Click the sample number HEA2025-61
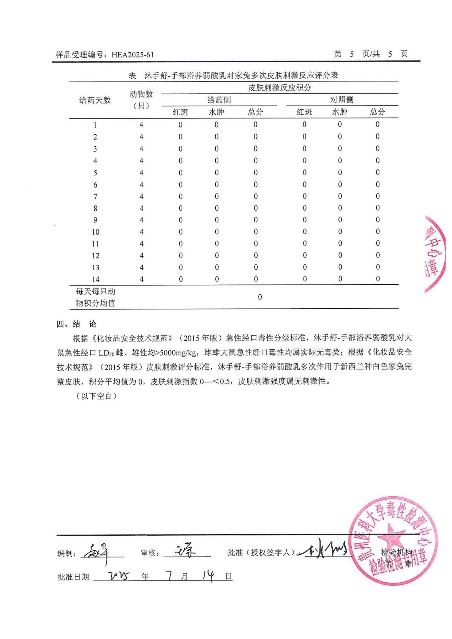tap(133, 55)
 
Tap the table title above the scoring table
tap(233, 76)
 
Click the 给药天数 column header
tap(95, 100)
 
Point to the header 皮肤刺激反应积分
tap(279, 88)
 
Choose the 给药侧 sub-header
tap(219, 100)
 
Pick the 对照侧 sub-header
tap(341, 100)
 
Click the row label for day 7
tap(95, 197)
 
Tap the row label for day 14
tap(95, 279)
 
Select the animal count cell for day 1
tap(141, 125)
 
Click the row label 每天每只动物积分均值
tap(95, 297)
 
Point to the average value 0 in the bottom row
tap(260, 297)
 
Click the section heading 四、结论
tap(76, 324)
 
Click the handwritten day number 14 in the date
tap(209, 576)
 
